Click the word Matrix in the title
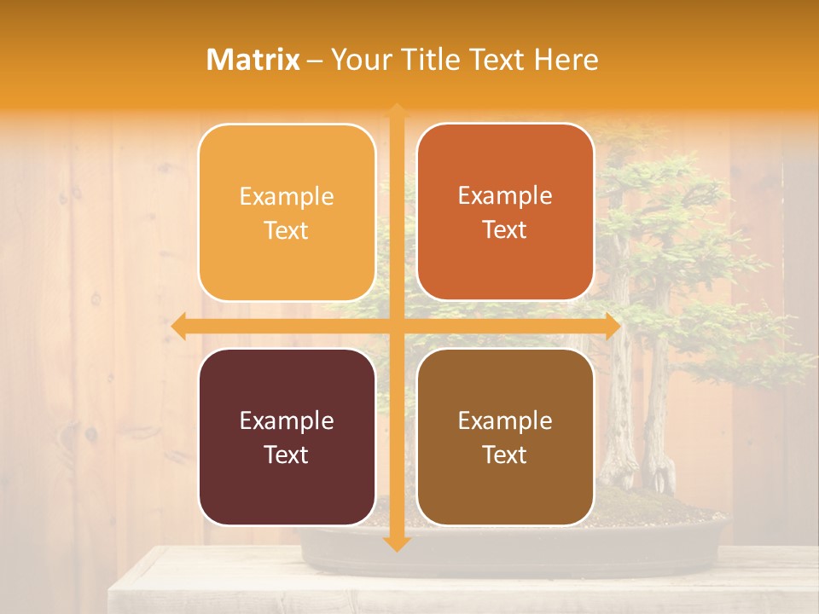pyautogui.click(x=253, y=60)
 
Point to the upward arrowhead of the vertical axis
pyautogui.click(x=396, y=111)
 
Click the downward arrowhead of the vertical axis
pyautogui.click(x=396, y=543)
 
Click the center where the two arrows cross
pyautogui.click(x=396, y=327)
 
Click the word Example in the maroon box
pyautogui.click(x=287, y=421)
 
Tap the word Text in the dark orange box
pyautogui.click(x=505, y=230)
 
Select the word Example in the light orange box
pyautogui.click(x=287, y=197)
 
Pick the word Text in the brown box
pyautogui.click(x=505, y=455)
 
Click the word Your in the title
pyautogui.click(x=357, y=60)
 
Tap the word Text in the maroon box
pyautogui.click(x=287, y=455)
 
